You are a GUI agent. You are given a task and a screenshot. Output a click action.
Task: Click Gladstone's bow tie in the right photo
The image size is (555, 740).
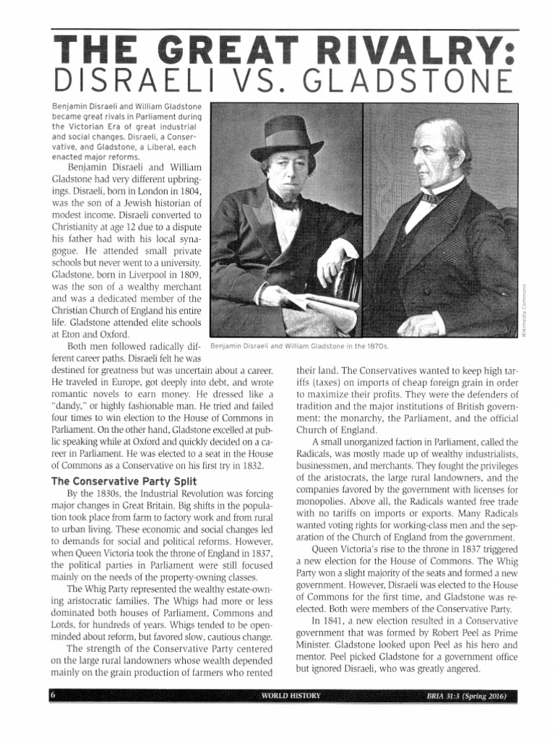pyautogui.click(x=432, y=197)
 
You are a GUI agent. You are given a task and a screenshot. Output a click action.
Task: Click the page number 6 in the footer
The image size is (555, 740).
pyautogui.click(x=53, y=697)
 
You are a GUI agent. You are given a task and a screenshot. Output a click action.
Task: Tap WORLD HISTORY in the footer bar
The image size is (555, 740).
pyautogui.click(x=291, y=697)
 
